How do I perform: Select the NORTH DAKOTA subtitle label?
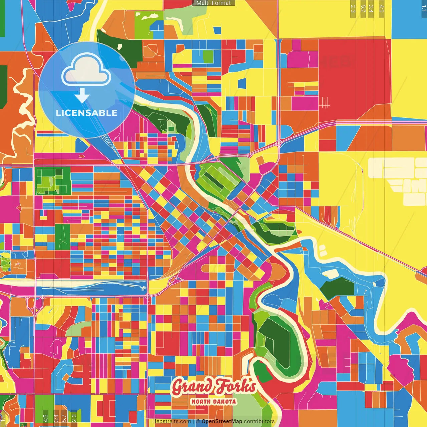click(213, 402)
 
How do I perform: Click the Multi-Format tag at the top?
click(213, 3)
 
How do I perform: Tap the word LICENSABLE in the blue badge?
click(87, 113)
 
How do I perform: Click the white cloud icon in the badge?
click(86, 71)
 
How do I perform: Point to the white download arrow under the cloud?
click(82, 95)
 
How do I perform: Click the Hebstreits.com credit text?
click(171, 421)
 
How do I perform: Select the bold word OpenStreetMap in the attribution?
click(222, 421)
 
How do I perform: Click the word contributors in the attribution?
click(259, 421)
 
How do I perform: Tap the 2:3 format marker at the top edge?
click(353, 9)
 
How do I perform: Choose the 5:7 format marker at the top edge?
click(363, 9)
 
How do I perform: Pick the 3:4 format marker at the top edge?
click(371, 9)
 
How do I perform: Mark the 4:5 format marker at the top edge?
click(382, 9)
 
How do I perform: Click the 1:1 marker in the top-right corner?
click(424, 9)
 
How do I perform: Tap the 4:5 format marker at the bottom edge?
click(45, 418)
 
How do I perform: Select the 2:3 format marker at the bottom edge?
click(74, 418)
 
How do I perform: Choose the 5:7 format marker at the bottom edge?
click(64, 418)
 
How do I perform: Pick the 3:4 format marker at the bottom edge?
click(56, 418)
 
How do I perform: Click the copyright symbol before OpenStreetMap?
click(198, 421)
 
